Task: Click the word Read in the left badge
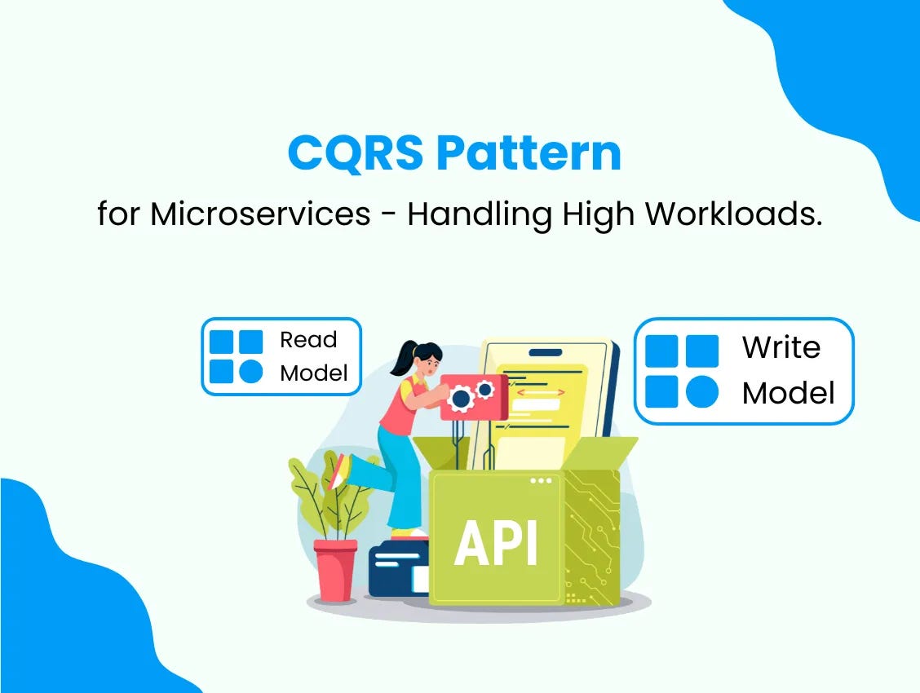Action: click(308, 340)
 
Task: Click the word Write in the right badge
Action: click(781, 348)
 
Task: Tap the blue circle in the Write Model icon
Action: click(701, 392)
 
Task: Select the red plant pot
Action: click(335, 570)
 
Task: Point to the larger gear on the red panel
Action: click(461, 399)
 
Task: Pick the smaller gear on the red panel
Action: click(485, 390)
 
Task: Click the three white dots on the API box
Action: click(540, 481)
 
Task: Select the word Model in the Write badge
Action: click(788, 394)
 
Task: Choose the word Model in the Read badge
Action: click(314, 373)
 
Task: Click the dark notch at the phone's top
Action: click(546, 353)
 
